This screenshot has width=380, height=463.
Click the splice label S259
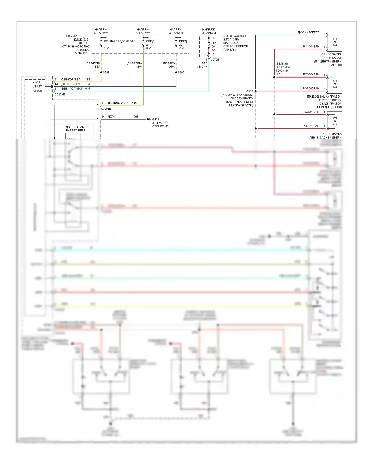[106, 73]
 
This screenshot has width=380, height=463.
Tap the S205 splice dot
[176, 72]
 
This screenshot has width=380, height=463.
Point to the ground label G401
[156, 119]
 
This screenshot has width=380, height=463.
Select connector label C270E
[215, 60]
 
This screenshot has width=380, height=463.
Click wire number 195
[88, 80]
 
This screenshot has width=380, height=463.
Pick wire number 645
[88, 89]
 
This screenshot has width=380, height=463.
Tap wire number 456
[134, 103]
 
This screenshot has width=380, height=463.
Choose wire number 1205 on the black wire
[135, 117]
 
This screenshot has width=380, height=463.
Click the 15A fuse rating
[107, 48]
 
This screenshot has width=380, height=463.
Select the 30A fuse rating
[149, 48]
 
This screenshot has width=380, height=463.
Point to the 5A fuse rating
[213, 50]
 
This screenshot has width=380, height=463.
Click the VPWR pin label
[37, 91]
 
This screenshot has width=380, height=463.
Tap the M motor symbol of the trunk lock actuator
[335, 42]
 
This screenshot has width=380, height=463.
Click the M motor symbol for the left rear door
[335, 121]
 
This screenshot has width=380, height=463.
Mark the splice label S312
[250, 91]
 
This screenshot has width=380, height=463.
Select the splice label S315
[279, 74]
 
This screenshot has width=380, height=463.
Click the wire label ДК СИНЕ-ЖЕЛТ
[308, 33]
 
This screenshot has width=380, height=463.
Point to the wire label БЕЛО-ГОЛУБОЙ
[72, 89]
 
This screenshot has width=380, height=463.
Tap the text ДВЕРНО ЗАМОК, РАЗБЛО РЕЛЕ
[77, 129]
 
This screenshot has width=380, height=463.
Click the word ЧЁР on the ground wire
[111, 117]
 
